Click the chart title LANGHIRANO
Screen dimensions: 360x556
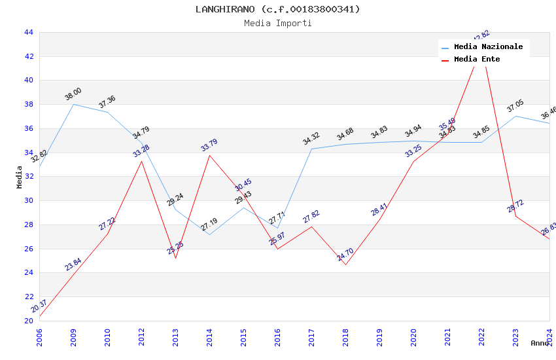click(x=277, y=9)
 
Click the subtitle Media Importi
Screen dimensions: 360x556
click(x=277, y=23)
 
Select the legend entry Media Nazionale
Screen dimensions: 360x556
click(x=488, y=47)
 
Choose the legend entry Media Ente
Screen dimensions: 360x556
click(x=477, y=60)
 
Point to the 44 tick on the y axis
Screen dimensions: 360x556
click(x=28, y=32)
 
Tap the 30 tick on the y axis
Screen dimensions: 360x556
click(x=28, y=200)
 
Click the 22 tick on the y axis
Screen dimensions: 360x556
click(x=28, y=297)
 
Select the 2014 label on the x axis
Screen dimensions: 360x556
click(x=209, y=336)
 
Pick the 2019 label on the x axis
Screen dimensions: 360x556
click(x=379, y=336)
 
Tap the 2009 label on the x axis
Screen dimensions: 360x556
click(x=73, y=336)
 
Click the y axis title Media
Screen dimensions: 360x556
click(x=20, y=177)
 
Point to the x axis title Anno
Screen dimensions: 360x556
click(x=540, y=343)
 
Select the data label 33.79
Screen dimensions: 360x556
click(x=209, y=145)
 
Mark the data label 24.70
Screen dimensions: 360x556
click(x=345, y=255)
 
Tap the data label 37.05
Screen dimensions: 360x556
click(x=515, y=106)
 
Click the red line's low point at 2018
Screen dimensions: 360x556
click(x=345, y=264)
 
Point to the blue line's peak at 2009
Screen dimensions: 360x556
click(x=73, y=104)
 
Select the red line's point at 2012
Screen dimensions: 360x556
click(x=141, y=161)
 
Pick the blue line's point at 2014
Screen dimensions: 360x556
click(x=209, y=234)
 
